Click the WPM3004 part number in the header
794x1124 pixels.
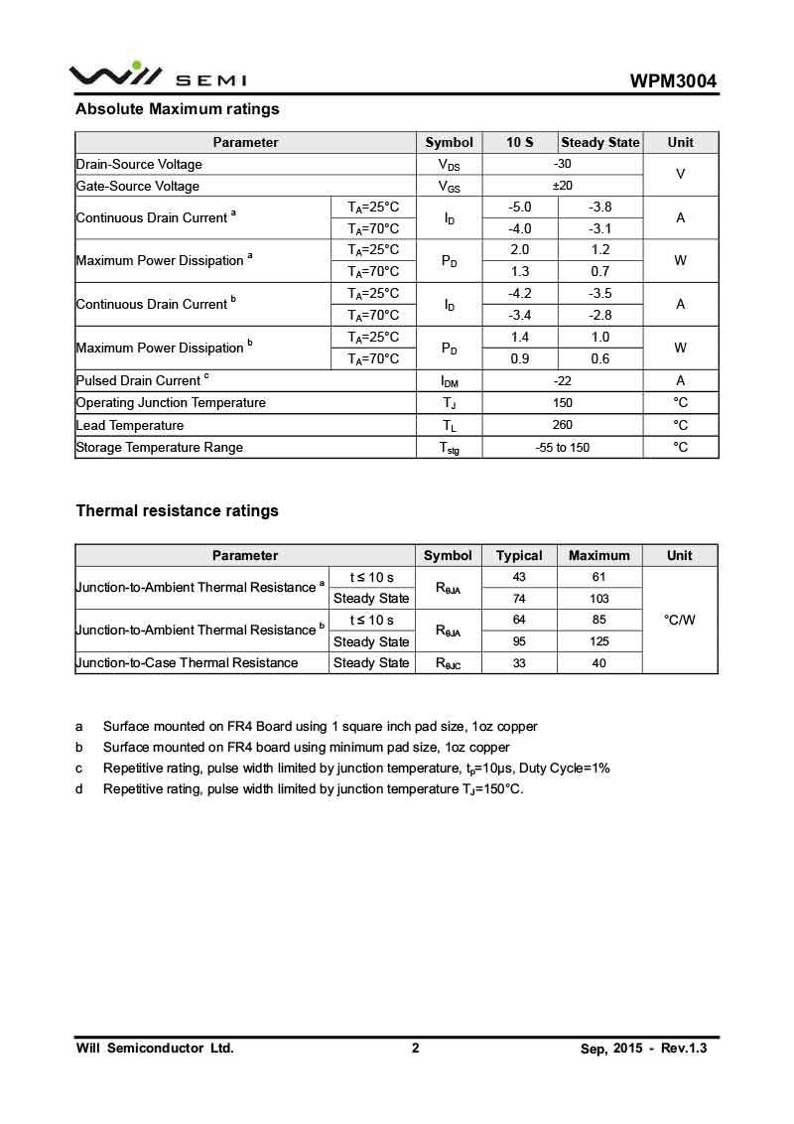[x=673, y=81]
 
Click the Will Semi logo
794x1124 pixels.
[x=158, y=75]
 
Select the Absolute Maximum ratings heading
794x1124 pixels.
[x=178, y=109]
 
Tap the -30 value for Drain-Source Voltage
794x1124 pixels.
[x=562, y=164]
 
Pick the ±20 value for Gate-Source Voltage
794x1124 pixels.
[x=562, y=186]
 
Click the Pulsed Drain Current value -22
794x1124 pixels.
[x=562, y=380]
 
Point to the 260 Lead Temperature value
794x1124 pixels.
[x=562, y=425]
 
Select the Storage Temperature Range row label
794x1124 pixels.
[x=160, y=447]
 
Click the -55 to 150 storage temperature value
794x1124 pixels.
[x=562, y=447]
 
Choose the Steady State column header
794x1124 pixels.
[x=600, y=142]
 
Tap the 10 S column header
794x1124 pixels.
[x=519, y=142]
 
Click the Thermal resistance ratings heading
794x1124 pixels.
[x=178, y=511]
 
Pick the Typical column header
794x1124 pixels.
[x=519, y=555]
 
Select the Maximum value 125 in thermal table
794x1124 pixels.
[x=599, y=641]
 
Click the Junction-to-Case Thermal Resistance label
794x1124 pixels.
[x=188, y=662]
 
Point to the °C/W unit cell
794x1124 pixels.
[x=680, y=620]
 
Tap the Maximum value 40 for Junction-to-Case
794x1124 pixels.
[x=599, y=662]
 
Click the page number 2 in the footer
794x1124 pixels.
[x=416, y=1049]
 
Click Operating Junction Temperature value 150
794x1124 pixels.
[x=562, y=402]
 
